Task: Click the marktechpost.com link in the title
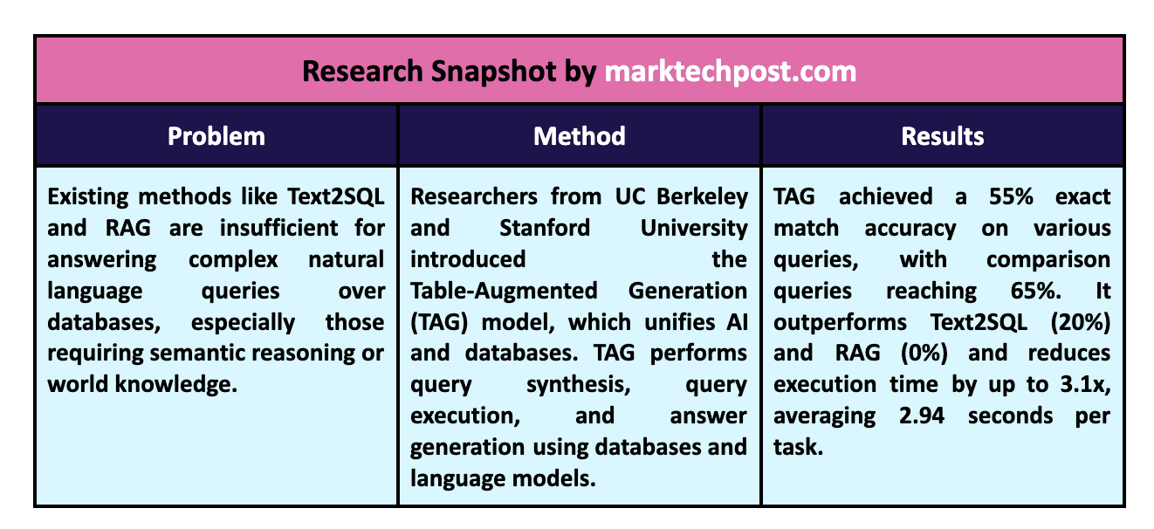point(730,72)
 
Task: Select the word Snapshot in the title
point(493,72)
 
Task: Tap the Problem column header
point(216,136)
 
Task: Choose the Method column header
point(579,136)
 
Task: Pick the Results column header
point(942,136)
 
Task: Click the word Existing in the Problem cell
point(87,197)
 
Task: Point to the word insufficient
point(278,228)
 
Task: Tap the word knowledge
point(176,385)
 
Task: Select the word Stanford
point(545,228)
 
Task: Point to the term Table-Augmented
point(504,291)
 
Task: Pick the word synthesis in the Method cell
point(579,385)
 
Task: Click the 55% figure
point(1011,197)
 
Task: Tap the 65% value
point(1036,291)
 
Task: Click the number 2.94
point(922,416)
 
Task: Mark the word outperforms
point(840,323)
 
